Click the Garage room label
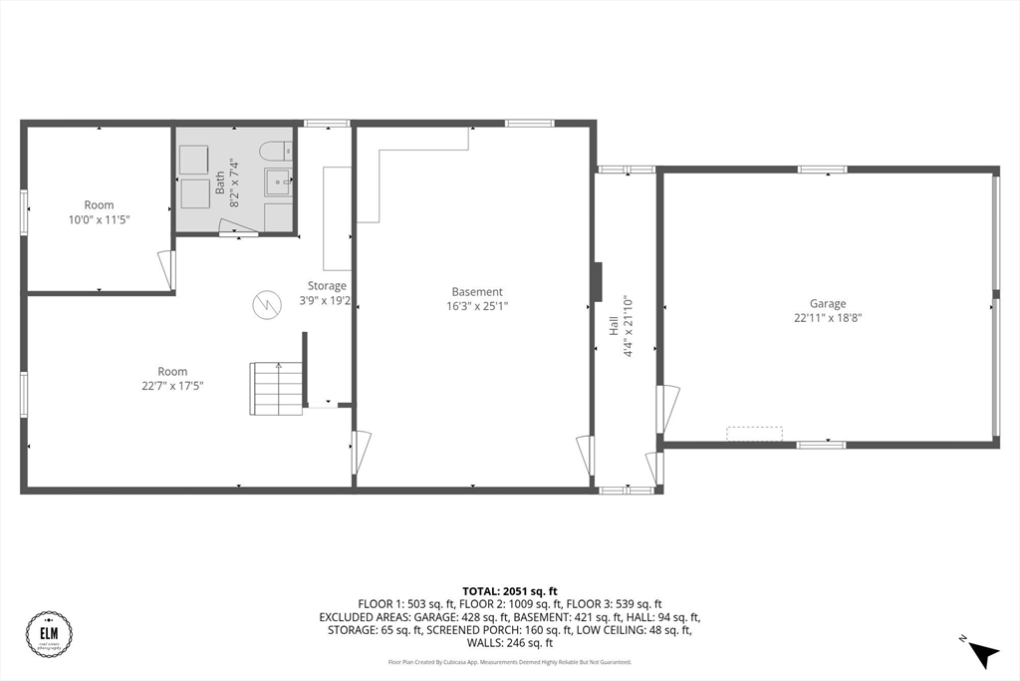coord(827,304)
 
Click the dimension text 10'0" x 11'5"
coord(99,219)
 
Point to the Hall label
coord(614,325)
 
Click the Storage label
coord(326,286)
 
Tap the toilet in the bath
coord(274,153)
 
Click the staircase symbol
coord(277,389)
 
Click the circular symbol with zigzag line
coord(266,304)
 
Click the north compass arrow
coord(982,652)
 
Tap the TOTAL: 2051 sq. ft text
coord(509,591)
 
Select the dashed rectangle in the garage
coord(754,434)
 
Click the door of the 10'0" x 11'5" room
coord(166,270)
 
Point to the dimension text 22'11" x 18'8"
coord(827,318)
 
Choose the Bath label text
coord(220,181)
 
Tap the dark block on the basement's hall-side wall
coord(597,282)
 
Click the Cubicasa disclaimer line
coord(509,662)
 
